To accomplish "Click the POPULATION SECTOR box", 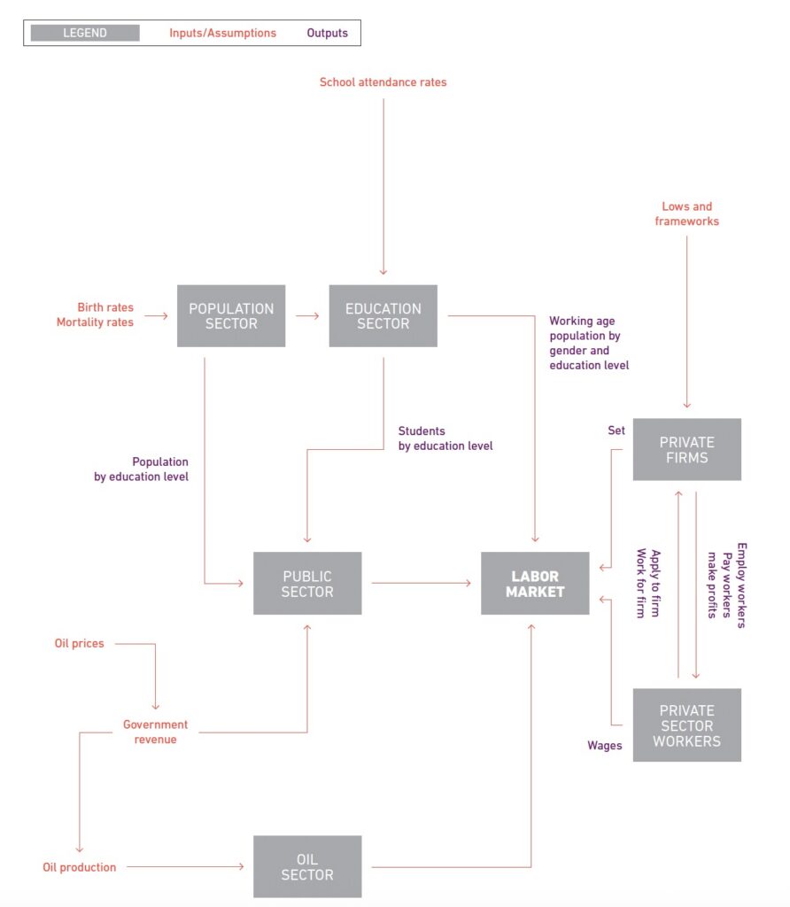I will point(231,316).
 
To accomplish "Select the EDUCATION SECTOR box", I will point(383,316).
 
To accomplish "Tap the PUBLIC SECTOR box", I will point(307,584).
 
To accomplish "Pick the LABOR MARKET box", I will point(535,584).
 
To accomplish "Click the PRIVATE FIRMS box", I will point(686,450).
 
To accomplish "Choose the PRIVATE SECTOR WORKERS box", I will point(686,725).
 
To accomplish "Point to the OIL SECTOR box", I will point(307,867).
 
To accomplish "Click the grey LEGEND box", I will point(85,33).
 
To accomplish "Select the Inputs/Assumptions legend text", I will point(222,33).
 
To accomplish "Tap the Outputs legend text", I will point(328,33).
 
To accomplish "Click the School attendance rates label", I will point(383,82).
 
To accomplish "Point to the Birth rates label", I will point(105,307).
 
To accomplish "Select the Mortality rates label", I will point(95,322).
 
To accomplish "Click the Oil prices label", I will point(79,643).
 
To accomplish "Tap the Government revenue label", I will point(155,733).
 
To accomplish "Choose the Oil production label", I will point(80,867).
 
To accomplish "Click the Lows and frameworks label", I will point(686,213).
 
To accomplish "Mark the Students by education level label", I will point(445,438).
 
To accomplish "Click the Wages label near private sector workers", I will point(604,746).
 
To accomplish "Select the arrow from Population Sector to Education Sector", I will point(306,315).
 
